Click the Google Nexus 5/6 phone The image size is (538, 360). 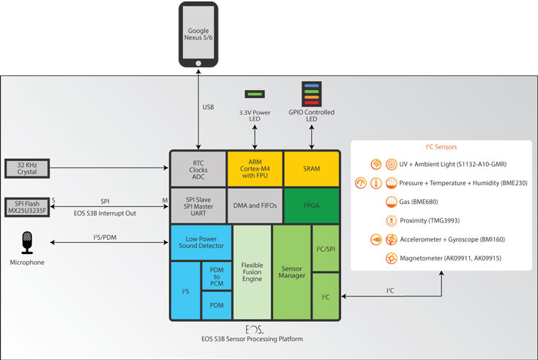198,37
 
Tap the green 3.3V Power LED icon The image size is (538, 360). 255,94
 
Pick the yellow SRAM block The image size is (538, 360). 312,168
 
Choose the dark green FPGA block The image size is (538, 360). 312,206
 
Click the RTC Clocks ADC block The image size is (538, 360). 198,168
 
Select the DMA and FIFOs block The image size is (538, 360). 255,206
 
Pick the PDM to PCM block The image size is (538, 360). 217,276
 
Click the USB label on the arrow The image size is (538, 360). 208,108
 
